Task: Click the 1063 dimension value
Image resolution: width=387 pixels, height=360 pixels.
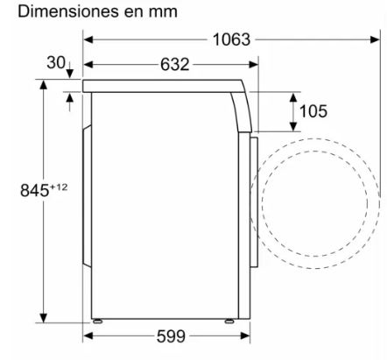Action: (231, 39)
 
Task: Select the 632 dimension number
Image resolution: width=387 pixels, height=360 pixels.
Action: (175, 64)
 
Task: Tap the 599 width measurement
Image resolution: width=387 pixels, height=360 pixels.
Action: (171, 336)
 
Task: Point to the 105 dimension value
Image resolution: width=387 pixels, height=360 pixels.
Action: (313, 111)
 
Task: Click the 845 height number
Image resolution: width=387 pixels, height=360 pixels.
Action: (34, 190)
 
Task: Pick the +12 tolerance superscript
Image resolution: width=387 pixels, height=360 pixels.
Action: (59, 187)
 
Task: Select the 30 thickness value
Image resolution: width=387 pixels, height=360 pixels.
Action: (56, 62)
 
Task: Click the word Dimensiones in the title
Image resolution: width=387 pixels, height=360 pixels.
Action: (68, 11)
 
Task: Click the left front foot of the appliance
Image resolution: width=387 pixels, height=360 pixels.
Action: (97, 321)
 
